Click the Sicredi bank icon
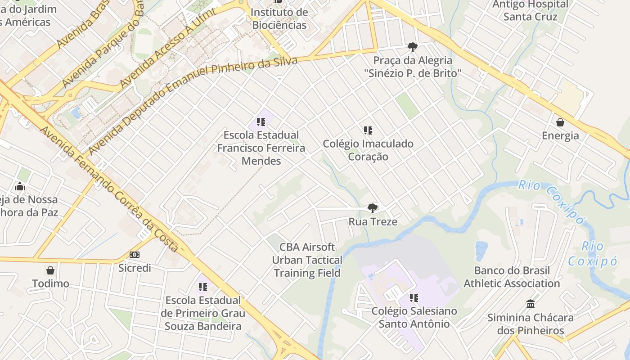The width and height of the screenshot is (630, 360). click(x=135, y=255)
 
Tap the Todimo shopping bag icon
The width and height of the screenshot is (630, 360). click(x=50, y=270)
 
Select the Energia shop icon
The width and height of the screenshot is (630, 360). click(x=560, y=122)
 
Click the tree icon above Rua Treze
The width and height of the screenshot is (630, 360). click(x=372, y=208)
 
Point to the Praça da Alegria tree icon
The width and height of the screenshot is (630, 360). click(x=412, y=47)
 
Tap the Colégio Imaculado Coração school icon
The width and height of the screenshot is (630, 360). click(x=368, y=130)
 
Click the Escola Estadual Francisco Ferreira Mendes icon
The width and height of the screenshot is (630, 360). click(x=261, y=121)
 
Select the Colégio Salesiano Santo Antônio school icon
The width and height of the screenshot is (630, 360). click(x=414, y=297)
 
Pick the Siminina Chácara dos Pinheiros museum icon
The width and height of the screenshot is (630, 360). click(x=531, y=304)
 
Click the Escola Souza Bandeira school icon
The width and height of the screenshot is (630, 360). click(x=203, y=287)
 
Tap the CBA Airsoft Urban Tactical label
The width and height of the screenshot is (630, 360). click(x=307, y=260)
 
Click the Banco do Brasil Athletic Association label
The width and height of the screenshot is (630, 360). click(x=512, y=277)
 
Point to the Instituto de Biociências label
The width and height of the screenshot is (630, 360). click(x=279, y=18)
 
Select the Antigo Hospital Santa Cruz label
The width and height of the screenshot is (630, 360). click(x=531, y=10)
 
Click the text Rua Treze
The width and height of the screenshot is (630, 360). click(x=373, y=222)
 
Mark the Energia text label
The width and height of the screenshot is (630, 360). click(x=560, y=135)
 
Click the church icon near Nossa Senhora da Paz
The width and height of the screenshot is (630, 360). click(x=20, y=186)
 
